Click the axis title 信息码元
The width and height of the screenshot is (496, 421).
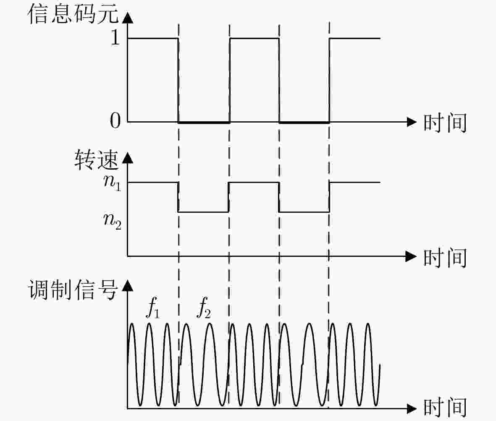click(73, 14)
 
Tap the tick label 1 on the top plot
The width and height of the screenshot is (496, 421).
click(115, 38)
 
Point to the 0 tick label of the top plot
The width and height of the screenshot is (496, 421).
click(115, 120)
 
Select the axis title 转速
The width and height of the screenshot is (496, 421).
click(97, 160)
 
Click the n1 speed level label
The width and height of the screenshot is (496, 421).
click(112, 182)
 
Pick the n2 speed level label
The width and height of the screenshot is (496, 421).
click(112, 221)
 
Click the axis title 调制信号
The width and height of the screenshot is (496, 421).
click(73, 290)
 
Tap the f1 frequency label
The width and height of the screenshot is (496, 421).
click(153, 308)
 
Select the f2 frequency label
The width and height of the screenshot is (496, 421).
click(204, 308)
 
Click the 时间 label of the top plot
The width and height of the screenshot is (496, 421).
click(445, 123)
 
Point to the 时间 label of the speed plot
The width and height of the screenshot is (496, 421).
click(445, 258)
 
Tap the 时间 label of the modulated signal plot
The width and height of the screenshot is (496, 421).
click(445, 408)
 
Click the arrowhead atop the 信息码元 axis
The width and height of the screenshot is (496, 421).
click(128, 18)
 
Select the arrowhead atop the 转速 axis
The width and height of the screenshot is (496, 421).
click(128, 158)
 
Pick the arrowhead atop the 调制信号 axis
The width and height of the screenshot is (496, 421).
click(128, 285)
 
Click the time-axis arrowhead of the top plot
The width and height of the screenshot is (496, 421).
click(411, 122)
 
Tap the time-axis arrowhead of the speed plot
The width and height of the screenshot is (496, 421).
click(411, 256)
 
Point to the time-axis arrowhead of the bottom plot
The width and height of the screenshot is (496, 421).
click(411, 408)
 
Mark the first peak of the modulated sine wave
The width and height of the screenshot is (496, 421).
click(131, 324)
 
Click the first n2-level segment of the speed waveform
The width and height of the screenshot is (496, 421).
click(203, 212)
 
